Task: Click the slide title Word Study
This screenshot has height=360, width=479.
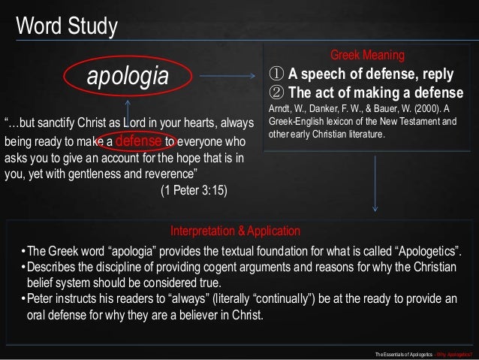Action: point(67,26)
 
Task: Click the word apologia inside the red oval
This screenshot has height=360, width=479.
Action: point(127,76)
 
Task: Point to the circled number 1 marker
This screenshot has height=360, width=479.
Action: point(277,75)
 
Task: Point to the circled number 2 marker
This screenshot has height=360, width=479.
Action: point(277,92)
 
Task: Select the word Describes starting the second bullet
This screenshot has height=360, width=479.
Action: point(53,267)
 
